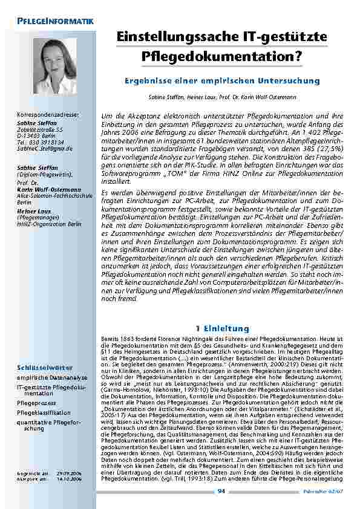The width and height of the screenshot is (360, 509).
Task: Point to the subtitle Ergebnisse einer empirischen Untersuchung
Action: pos(221,80)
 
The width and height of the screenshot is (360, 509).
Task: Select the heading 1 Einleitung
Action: pos(221,328)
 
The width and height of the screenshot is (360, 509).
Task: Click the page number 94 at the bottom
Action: pos(221,491)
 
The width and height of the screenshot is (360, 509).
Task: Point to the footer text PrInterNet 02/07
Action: pos(329,491)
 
